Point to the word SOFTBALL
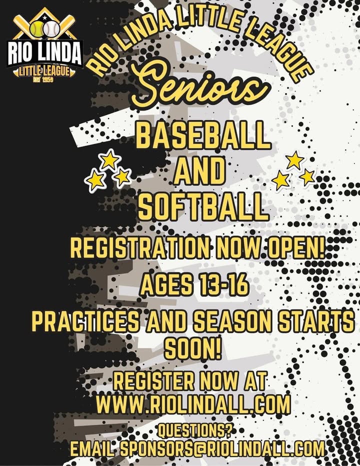202,205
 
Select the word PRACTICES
84,322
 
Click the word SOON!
193,349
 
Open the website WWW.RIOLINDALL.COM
193,403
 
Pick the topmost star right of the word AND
294,160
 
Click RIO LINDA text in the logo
44,53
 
